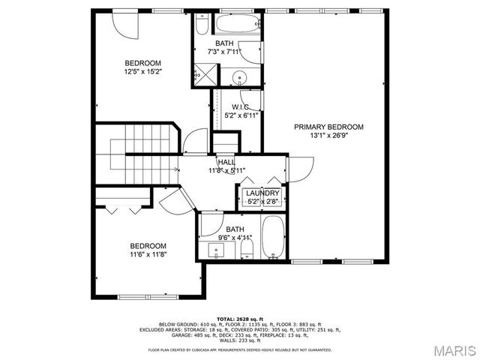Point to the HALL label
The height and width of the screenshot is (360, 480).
click(x=226, y=162)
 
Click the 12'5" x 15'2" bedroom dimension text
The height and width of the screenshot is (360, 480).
click(x=143, y=72)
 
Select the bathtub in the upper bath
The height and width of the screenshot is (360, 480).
click(x=202, y=25)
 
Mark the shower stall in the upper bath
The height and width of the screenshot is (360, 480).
click(x=201, y=73)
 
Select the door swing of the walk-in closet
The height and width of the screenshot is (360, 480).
click(x=253, y=102)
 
